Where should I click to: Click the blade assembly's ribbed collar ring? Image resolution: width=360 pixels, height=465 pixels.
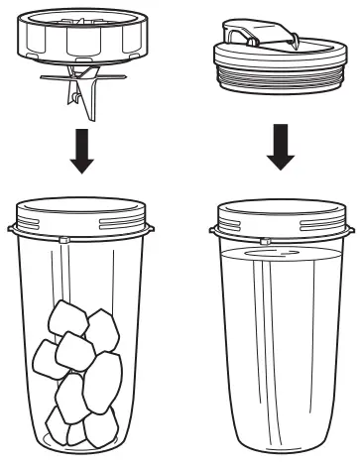click(x=78, y=41)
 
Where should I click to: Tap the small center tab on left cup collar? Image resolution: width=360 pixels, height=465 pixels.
click(x=63, y=240)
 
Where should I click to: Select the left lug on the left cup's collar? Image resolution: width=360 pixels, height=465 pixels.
click(x=12, y=229)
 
